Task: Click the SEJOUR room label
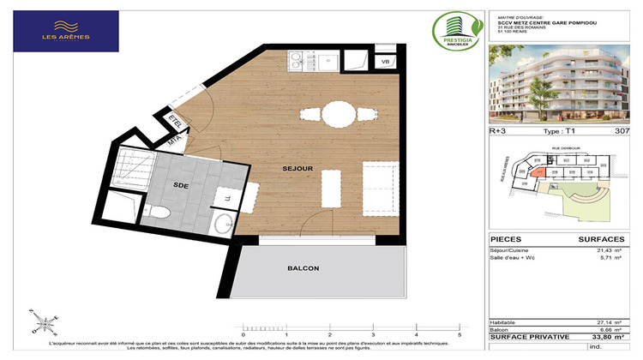(297, 168)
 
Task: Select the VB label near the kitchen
(385, 63)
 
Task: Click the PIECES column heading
(506, 238)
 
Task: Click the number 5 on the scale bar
(460, 335)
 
